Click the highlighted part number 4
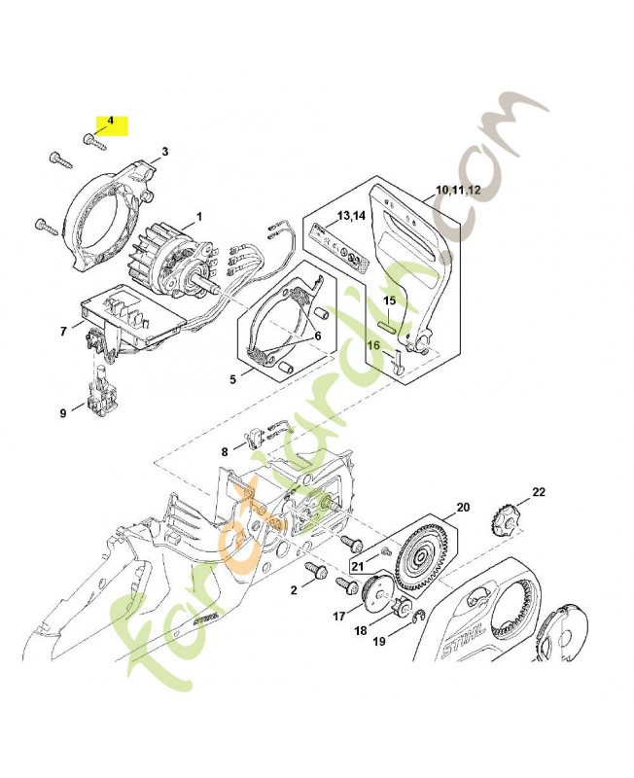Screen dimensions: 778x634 tap(110, 122)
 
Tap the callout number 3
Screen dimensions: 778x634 tap(164, 152)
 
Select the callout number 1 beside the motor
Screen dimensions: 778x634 tap(199, 216)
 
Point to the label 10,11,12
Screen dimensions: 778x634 tap(458, 190)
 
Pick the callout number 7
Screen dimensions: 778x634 tap(64, 332)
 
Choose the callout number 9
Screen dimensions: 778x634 tap(63, 413)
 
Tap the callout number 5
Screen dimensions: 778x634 tap(232, 379)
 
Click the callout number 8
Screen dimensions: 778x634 tap(225, 451)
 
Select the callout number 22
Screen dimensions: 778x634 tap(539, 491)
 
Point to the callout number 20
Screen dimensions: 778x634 tap(462, 508)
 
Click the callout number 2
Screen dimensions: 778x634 tap(294, 589)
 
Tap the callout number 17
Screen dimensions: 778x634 tap(339, 616)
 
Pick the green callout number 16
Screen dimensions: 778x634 tap(372, 344)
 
